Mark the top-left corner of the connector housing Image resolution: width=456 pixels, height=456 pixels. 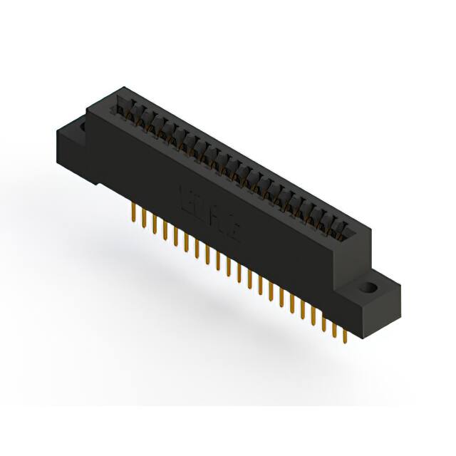click(x=88, y=107)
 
